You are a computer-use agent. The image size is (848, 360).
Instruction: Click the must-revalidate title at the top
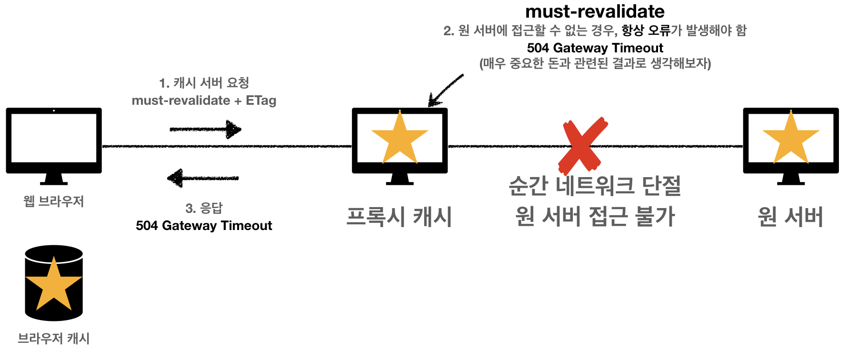point(595,11)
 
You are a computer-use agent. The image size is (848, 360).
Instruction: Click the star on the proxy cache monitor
point(399,139)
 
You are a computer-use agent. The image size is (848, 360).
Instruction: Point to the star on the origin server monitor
point(791,139)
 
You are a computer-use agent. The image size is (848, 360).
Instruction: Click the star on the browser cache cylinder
point(54,284)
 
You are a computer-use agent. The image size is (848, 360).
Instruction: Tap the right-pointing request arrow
point(205,129)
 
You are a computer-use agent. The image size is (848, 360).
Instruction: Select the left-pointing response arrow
point(203,178)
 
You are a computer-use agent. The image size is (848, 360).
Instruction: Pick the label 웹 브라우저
point(54,201)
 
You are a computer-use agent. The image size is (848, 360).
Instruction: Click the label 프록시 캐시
point(399,217)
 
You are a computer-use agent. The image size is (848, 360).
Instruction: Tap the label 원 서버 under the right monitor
point(790,217)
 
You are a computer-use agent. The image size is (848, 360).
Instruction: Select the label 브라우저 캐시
point(54,339)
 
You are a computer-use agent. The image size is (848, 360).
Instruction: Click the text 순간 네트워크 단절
point(595,186)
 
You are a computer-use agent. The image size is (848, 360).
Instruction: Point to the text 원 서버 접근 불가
point(595,217)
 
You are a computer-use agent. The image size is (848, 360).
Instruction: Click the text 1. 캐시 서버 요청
point(204,83)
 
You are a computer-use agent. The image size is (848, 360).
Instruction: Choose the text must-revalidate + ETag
point(204,100)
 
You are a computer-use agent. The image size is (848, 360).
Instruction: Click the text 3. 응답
point(204,208)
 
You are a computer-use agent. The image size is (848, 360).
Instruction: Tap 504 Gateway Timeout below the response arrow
point(204,226)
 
